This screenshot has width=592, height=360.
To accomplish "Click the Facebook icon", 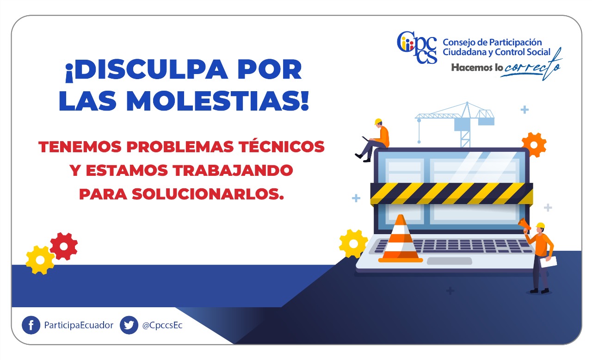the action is (31, 325).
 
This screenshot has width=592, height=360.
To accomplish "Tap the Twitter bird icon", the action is (129, 325).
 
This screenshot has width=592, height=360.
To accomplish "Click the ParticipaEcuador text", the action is (79, 325).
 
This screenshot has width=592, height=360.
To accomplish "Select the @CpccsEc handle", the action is (162, 325).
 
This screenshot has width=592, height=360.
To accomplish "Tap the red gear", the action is (64, 246).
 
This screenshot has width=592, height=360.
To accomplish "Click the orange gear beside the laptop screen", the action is (534, 145).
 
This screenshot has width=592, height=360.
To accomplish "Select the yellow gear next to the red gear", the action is (40, 260).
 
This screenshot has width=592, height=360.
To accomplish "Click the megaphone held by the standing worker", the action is (524, 225).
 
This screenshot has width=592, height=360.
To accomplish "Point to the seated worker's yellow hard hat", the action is (378, 122).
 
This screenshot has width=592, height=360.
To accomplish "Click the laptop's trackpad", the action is (450, 261).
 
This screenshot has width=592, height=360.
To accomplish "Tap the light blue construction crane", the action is (455, 124).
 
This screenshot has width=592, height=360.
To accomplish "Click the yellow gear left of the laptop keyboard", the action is (353, 244).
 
